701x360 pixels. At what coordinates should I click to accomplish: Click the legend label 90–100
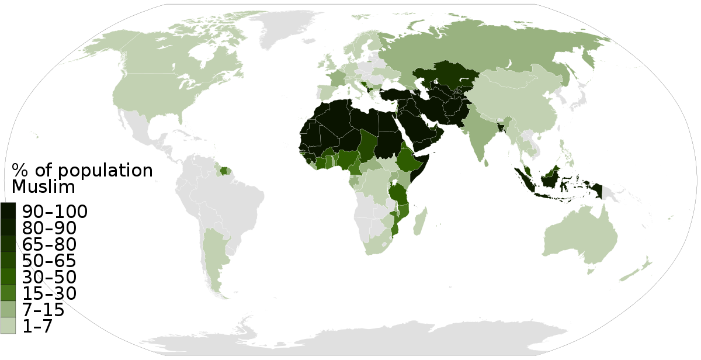(54, 212)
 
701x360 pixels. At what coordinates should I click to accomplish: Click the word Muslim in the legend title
(43, 187)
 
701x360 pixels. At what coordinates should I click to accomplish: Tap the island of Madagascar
(419, 224)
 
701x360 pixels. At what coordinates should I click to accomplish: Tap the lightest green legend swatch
(8, 325)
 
